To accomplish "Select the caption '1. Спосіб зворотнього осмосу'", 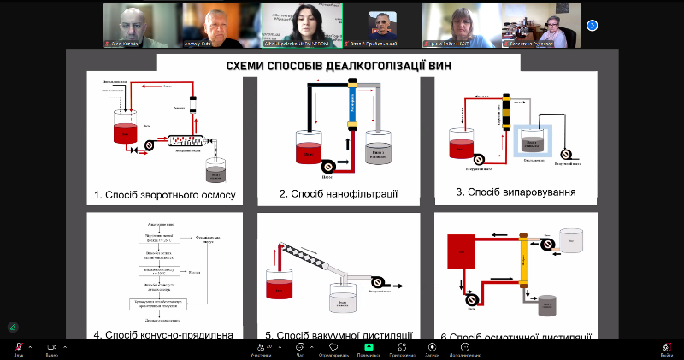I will pos(165,194).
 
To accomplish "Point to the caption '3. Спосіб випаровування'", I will pos(515,192).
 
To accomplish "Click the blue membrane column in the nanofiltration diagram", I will pos(351,103).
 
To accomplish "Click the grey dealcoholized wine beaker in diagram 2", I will pos(379,147).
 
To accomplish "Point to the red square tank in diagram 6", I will pos(461,253).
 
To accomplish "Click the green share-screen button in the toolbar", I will pos(369,347).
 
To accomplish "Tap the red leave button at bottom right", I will pos(667,347).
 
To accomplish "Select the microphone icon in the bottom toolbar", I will pos(17,347).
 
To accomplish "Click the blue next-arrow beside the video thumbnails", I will pos(592,25).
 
